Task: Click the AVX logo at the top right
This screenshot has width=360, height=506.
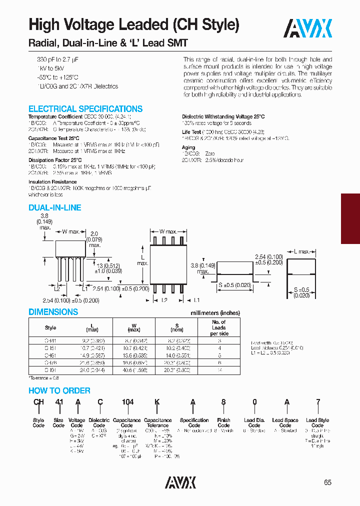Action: (x=308, y=28)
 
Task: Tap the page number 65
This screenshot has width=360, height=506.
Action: (x=327, y=482)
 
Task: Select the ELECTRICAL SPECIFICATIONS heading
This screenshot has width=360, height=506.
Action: (x=85, y=108)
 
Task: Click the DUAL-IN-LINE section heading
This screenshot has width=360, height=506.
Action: (x=54, y=207)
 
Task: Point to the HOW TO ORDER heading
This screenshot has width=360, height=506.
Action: (x=59, y=390)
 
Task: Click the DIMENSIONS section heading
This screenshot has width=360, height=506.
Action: (x=53, y=311)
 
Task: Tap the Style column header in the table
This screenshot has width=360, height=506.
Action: (x=50, y=327)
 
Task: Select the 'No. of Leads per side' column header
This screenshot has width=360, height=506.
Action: (x=219, y=327)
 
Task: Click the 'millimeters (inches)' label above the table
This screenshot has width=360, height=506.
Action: (x=215, y=313)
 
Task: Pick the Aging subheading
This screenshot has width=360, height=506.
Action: (x=188, y=147)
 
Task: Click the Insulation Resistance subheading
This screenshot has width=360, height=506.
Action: (x=52, y=182)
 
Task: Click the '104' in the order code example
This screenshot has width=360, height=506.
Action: (x=126, y=401)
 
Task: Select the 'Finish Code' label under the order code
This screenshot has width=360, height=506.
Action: (x=224, y=423)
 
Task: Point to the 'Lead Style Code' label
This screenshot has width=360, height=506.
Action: (x=317, y=423)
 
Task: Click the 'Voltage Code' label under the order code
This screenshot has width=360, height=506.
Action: (x=76, y=423)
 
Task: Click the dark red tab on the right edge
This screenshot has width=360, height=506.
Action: (x=350, y=218)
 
